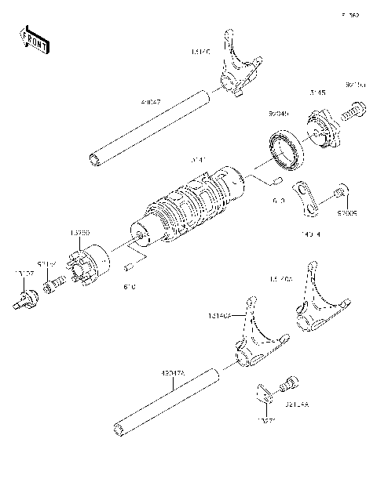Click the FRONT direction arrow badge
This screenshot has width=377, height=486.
[x=35, y=39]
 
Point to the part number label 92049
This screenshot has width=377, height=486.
[x=279, y=112]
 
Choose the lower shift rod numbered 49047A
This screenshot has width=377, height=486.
[x=165, y=401]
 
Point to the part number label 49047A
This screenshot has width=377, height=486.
[x=174, y=374]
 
